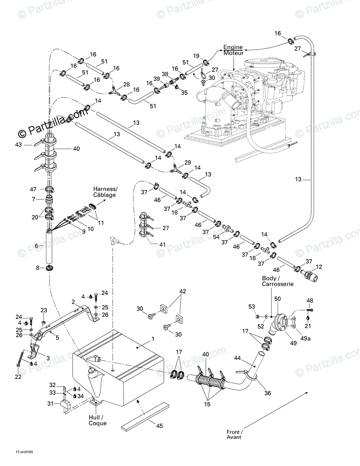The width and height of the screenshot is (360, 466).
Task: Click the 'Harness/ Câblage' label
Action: point(105,192)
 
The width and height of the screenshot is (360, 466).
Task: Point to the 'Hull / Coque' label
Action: point(98,420)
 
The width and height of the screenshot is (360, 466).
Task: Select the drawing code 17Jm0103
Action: point(19,451)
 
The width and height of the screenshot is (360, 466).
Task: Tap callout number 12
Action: point(319,267)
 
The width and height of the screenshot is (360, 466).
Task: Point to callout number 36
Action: point(268,393)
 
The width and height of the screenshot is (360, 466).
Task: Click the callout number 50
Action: point(289,299)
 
